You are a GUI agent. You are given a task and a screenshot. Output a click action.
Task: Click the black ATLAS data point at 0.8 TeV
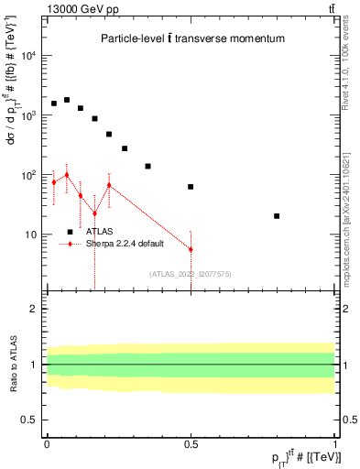[277, 216]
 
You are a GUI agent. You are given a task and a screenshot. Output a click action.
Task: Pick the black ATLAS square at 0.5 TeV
[191, 187]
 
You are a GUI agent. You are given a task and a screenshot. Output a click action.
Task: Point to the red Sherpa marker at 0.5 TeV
[191, 249]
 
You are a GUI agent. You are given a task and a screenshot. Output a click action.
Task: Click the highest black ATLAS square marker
[67, 100]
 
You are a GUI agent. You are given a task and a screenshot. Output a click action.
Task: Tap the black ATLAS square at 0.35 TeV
[147, 167]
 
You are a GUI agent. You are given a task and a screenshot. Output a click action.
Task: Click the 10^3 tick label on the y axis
[27, 115]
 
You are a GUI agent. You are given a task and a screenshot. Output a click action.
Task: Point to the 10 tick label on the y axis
[30, 234]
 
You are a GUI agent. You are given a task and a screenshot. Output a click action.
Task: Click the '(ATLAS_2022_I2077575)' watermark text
[191, 273]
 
